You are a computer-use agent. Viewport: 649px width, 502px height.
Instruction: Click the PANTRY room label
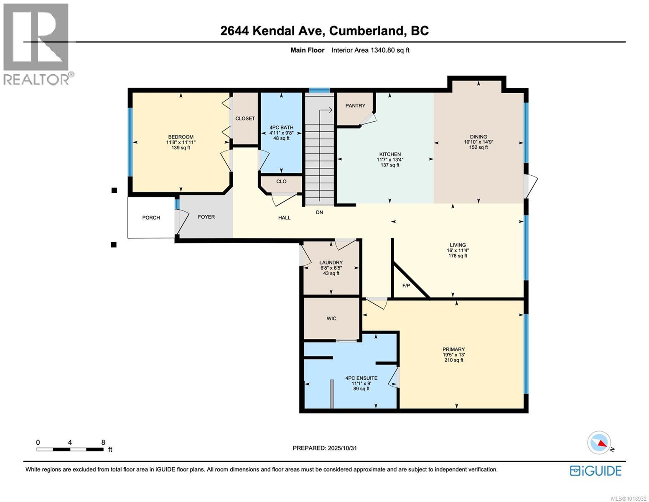coord(355,105)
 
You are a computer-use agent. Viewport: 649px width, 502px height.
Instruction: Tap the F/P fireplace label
coord(406,286)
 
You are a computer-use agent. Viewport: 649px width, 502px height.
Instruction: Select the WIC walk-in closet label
coord(331,318)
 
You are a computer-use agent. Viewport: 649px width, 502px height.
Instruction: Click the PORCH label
coord(151,218)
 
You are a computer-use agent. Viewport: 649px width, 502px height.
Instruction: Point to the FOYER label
coord(206,217)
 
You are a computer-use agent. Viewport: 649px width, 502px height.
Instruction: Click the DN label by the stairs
coord(319,213)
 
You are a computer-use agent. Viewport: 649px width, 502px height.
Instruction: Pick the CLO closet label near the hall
coord(281,182)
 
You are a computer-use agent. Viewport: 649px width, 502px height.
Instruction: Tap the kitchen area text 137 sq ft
coord(389,165)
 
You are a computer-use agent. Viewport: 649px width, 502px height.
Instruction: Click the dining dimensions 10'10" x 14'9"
coord(478,142)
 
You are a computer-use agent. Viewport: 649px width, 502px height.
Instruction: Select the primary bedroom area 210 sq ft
coord(453,360)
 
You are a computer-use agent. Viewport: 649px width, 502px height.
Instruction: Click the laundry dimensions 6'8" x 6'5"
coord(331,268)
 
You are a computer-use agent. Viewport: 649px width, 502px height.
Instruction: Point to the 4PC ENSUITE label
coord(361,378)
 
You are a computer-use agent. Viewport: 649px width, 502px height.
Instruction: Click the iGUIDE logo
coord(596,471)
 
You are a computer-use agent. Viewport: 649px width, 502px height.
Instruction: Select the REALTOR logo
coord(37,44)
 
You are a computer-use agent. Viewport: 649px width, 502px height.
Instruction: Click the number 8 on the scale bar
coord(103,442)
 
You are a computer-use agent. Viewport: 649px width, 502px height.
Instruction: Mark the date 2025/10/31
coord(342,448)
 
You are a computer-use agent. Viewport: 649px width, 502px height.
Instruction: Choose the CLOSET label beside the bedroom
coord(245,118)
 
